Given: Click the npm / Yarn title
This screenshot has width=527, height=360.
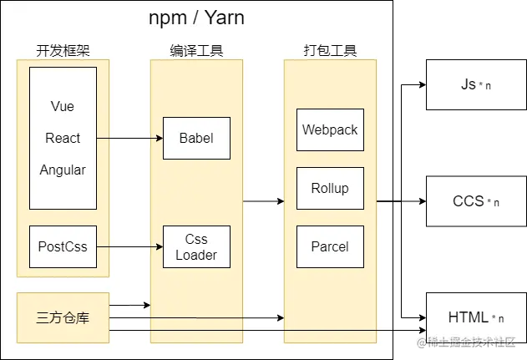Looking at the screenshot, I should coord(196,18).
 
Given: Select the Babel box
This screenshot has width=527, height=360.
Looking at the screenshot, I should coord(196,138).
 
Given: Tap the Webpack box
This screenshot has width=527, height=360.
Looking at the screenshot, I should coord(330,130).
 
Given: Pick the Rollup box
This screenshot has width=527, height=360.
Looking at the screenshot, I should coord(330,188).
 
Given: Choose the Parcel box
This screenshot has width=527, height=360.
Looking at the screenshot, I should coord(330,246).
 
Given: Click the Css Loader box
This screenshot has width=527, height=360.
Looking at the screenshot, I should coord(196,247).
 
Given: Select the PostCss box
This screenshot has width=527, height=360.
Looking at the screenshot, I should coord(63,246).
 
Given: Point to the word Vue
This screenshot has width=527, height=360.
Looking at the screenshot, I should coord(63,108).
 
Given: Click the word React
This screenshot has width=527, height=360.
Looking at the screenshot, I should coord(63,139).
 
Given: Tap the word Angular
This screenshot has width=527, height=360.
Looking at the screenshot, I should coord(63,170).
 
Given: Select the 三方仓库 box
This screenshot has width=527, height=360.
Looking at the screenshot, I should coord(63,317).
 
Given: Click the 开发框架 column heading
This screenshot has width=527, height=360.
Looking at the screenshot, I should coord(63,51).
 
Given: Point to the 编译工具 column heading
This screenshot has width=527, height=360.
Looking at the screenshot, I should coord(196,51).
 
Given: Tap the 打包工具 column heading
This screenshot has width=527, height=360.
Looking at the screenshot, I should coord(330,51).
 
